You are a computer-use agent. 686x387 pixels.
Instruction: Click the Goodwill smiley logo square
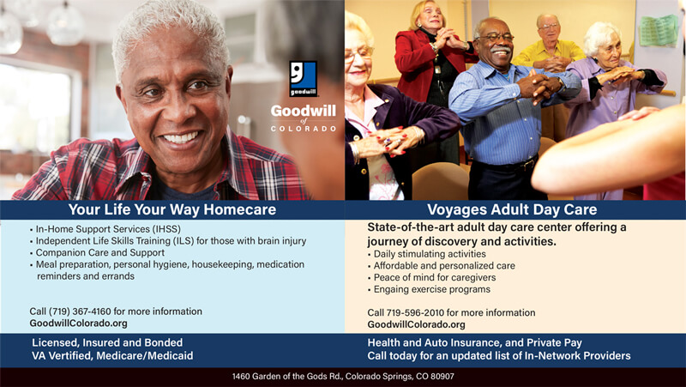(304, 79)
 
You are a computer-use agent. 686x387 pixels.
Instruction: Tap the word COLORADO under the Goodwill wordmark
(304, 129)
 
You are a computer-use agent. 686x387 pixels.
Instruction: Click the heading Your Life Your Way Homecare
(172, 209)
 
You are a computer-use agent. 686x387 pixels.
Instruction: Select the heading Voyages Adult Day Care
(512, 209)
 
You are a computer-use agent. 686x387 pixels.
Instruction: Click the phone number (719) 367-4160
(80, 311)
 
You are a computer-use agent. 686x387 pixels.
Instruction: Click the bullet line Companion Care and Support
(100, 252)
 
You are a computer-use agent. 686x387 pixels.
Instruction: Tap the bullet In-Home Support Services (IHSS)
(108, 229)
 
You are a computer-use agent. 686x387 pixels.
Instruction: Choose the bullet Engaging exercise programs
(432, 289)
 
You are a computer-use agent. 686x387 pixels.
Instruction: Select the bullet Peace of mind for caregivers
(435, 277)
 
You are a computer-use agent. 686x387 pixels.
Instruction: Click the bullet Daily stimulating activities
(430, 254)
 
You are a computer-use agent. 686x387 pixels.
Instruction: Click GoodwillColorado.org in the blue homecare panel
(78, 324)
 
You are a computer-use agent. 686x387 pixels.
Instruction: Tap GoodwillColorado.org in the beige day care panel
(416, 325)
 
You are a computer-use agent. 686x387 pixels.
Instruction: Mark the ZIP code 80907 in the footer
(442, 376)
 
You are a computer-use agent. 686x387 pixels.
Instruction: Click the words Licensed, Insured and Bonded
(107, 342)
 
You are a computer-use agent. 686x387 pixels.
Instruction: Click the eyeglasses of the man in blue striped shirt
(496, 38)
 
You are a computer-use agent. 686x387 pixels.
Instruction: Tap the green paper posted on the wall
(659, 30)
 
